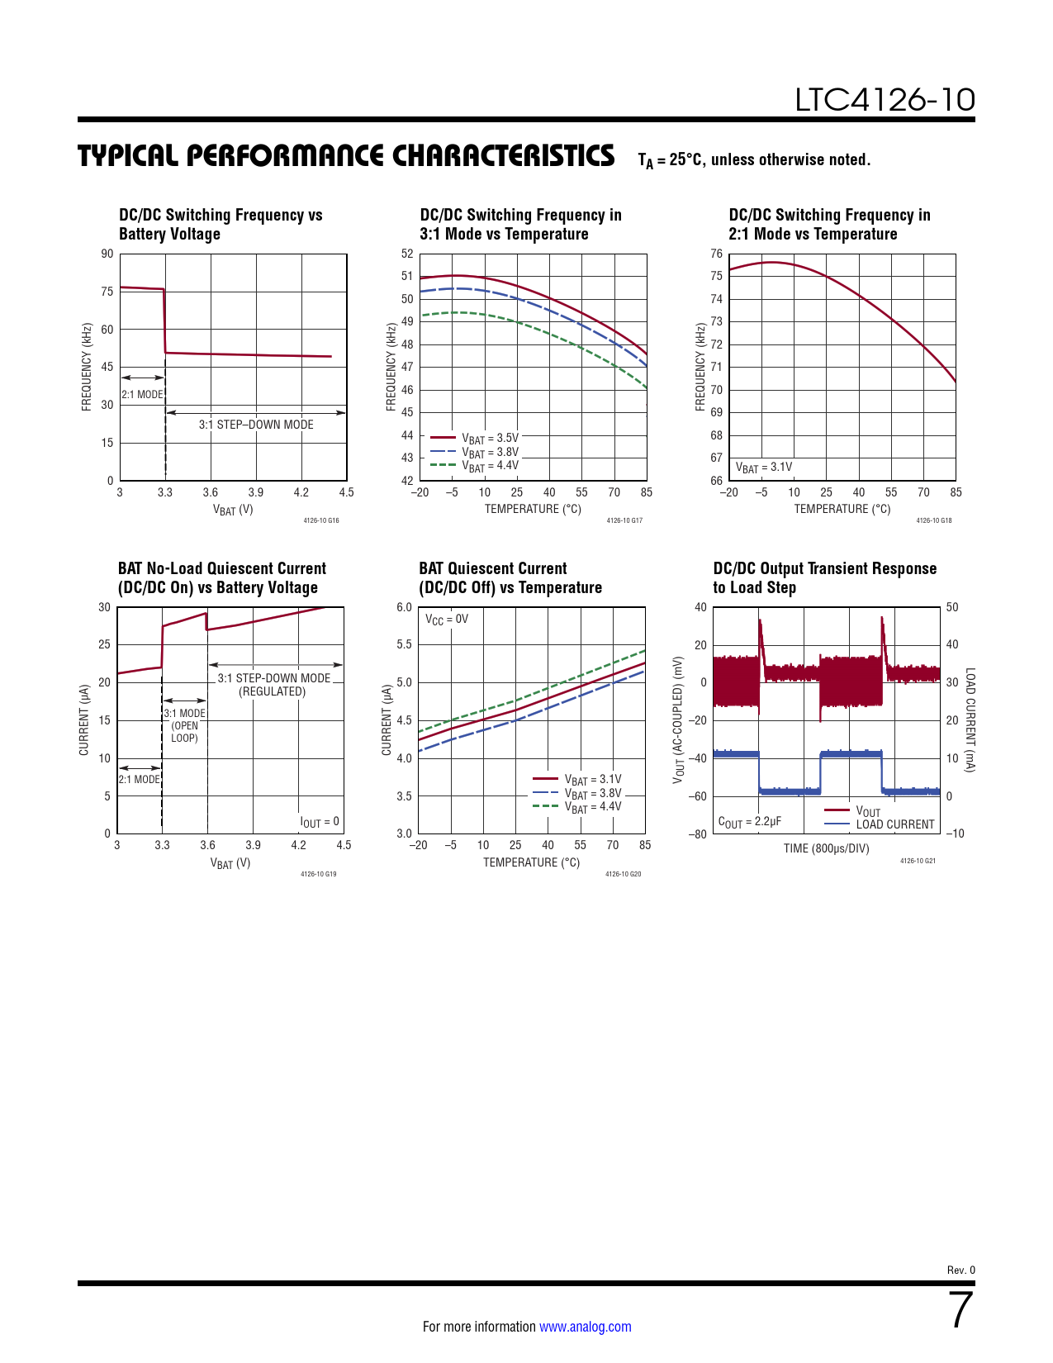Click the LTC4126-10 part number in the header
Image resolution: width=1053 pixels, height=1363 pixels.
click(x=885, y=100)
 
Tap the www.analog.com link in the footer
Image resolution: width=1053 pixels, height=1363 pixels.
click(x=585, y=1327)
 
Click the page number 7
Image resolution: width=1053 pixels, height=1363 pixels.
click(x=961, y=1310)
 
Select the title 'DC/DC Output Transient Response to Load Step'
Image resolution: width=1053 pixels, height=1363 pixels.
click(x=824, y=578)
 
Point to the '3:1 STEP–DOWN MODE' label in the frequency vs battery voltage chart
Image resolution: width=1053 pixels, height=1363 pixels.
click(x=256, y=425)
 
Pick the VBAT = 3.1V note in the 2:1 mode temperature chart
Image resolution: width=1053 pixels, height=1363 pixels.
click(x=764, y=468)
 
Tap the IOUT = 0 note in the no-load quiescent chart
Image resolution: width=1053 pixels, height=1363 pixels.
click(x=320, y=822)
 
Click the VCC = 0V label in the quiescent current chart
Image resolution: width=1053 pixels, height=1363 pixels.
click(x=447, y=620)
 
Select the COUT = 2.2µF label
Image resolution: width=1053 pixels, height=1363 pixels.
click(x=749, y=822)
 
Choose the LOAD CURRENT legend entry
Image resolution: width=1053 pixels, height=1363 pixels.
click(x=894, y=824)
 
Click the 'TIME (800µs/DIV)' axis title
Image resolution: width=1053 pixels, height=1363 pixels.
click(x=826, y=848)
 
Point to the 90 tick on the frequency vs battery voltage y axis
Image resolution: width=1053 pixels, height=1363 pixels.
click(x=107, y=254)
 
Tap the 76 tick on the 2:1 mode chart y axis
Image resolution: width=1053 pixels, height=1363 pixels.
click(x=716, y=254)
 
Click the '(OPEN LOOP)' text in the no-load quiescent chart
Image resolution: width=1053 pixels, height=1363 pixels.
click(x=184, y=732)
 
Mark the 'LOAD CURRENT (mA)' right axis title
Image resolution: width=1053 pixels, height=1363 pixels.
click(x=970, y=720)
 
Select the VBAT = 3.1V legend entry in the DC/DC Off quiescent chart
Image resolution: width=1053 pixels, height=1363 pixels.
click(x=592, y=779)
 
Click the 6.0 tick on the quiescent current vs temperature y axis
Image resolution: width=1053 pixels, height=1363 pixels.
click(x=404, y=607)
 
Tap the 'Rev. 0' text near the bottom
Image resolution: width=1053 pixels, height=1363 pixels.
click(x=961, y=1270)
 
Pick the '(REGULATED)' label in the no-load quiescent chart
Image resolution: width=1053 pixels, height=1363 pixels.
click(x=272, y=691)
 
